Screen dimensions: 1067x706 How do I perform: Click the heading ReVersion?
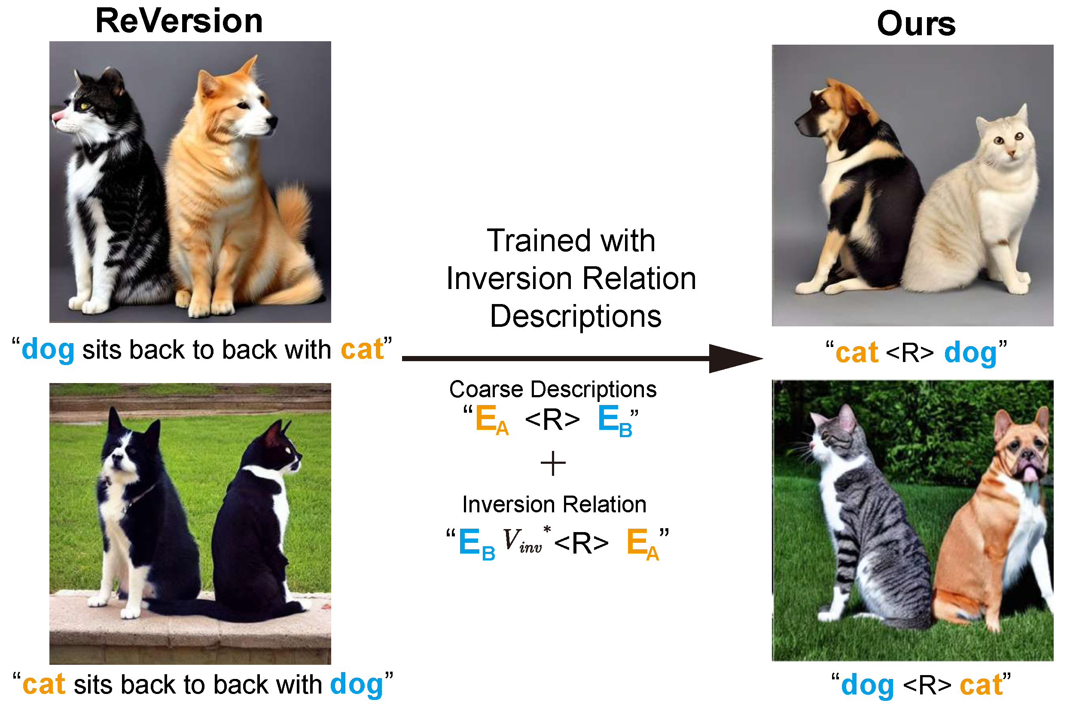[179, 21]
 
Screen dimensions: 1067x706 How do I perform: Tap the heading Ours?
[916, 24]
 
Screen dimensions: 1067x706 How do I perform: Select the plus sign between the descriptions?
[553, 464]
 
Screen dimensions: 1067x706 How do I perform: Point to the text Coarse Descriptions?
[553, 390]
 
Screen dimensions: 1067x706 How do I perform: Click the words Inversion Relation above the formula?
[554, 504]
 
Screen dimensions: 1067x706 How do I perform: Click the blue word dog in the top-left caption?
[48, 350]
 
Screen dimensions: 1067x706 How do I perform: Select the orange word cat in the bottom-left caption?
[44, 685]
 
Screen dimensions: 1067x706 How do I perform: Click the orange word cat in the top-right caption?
[857, 353]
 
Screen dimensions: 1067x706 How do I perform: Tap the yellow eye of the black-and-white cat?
[84, 106]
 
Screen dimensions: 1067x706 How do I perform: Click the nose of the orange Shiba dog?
[272, 121]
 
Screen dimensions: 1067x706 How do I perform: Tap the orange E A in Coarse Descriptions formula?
[492, 420]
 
